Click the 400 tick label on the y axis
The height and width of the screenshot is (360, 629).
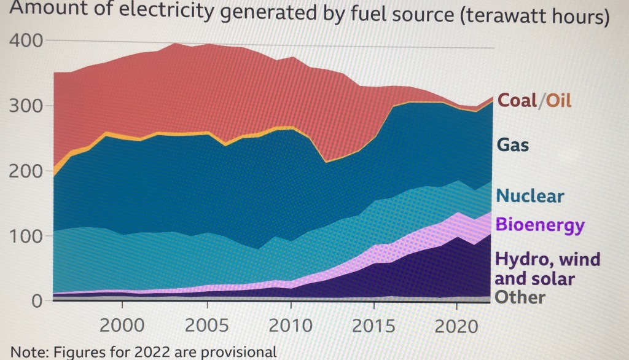coord(25,41)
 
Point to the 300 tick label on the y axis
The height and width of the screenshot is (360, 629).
coord(25,106)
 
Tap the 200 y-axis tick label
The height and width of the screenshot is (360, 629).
coord(25,171)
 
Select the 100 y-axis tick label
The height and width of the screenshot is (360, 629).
coord(25,237)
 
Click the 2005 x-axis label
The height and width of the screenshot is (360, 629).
coord(204,325)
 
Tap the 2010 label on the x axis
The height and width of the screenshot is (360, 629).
coord(289,325)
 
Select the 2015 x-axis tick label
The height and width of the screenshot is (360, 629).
coord(372,325)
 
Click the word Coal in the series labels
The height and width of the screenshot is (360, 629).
coord(517,100)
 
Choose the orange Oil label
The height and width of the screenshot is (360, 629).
coord(556,100)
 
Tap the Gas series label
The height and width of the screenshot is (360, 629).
coord(513,146)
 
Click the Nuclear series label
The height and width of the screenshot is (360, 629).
coord(529,196)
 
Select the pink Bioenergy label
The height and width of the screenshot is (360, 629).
coord(540,225)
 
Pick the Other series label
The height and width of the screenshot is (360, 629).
coord(520,298)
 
